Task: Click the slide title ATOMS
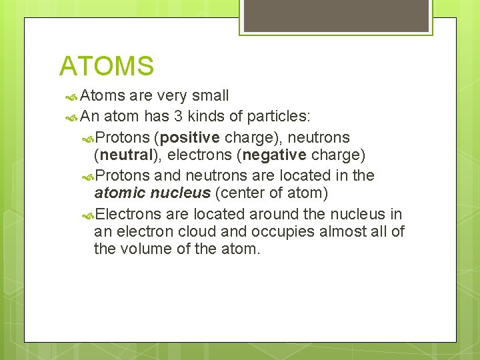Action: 107,66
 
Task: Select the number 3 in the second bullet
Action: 178,117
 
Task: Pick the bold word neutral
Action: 125,156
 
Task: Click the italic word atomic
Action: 117,194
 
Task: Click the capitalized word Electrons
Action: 128,213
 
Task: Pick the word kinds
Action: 208,117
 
